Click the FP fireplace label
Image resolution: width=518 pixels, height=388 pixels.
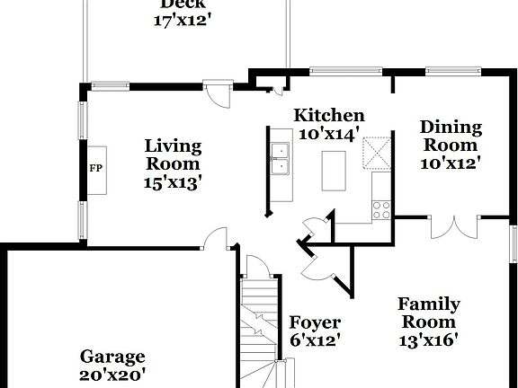pyautogui.click(x=94, y=167)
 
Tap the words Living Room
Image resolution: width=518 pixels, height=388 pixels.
pyautogui.click(x=173, y=154)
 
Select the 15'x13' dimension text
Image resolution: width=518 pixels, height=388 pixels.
pyautogui.click(x=173, y=182)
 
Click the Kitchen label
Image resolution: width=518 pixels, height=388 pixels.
pyautogui.click(x=330, y=115)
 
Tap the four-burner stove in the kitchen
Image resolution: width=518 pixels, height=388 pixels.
pyautogui.click(x=381, y=209)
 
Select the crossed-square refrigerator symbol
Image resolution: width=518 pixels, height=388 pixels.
pyautogui.click(x=376, y=152)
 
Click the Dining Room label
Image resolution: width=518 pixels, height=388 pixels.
pyautogui.click(x=451, y=136)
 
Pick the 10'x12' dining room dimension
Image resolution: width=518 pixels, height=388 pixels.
pyautogui.click(x=451, y=163)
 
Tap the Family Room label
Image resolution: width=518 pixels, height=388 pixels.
pyautogui.click(x=429, y=313)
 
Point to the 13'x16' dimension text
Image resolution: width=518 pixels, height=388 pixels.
pyautogui.click(x=429, y=339)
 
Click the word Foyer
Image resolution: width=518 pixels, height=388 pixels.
pyautogui.click(x=315, y=323)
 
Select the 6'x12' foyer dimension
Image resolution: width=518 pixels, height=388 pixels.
pyautogui.click(x=315, y=341)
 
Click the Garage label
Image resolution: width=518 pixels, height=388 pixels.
pyautogui.click(x=112, y=357)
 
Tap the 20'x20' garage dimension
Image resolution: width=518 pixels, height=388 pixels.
pyautogui.click(x=112, y=375)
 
